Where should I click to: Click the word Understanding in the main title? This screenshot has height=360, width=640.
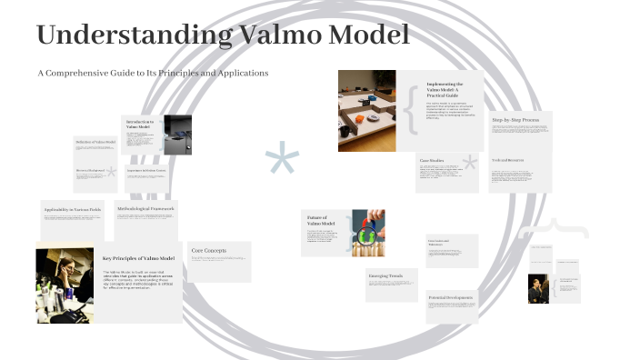click(131, 36)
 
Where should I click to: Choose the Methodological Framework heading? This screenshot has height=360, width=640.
click(145, 209)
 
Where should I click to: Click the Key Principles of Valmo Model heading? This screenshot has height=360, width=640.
click(138, 259)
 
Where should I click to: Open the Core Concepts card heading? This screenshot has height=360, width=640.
click(208, 250)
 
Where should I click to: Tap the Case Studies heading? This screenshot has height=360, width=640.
click(432, 160)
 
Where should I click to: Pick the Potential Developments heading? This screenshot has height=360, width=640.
click(451, 298)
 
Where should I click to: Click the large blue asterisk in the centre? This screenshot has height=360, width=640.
click(282, 161)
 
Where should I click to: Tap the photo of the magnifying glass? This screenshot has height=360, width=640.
click(368, 233)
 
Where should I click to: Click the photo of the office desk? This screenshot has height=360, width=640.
click(366, 110)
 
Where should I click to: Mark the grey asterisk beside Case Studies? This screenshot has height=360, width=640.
click(470, 165)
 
